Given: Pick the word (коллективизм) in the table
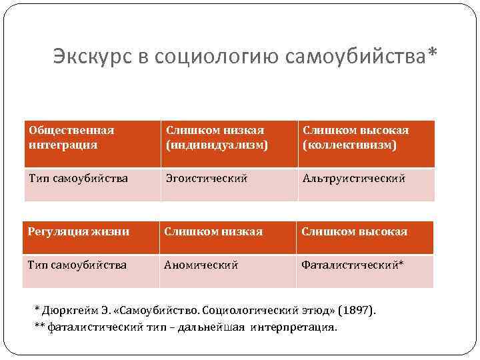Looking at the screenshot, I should point(349,144).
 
